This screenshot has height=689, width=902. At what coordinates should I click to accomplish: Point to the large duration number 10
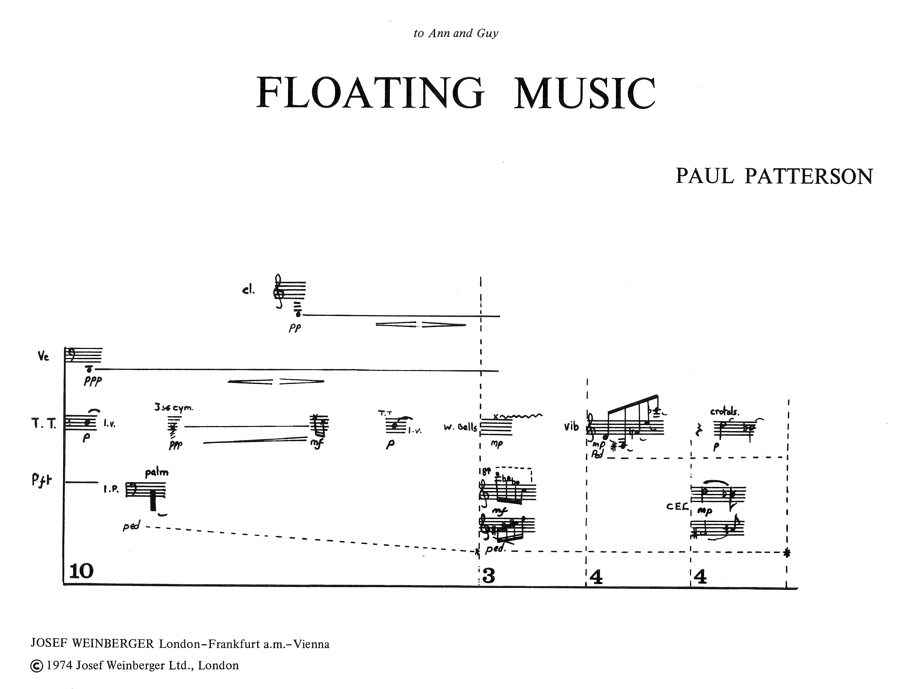point(81,571)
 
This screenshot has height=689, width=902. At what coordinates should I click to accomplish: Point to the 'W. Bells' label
point(460,427)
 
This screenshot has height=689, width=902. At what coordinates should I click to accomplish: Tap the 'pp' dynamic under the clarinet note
point(294,329)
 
